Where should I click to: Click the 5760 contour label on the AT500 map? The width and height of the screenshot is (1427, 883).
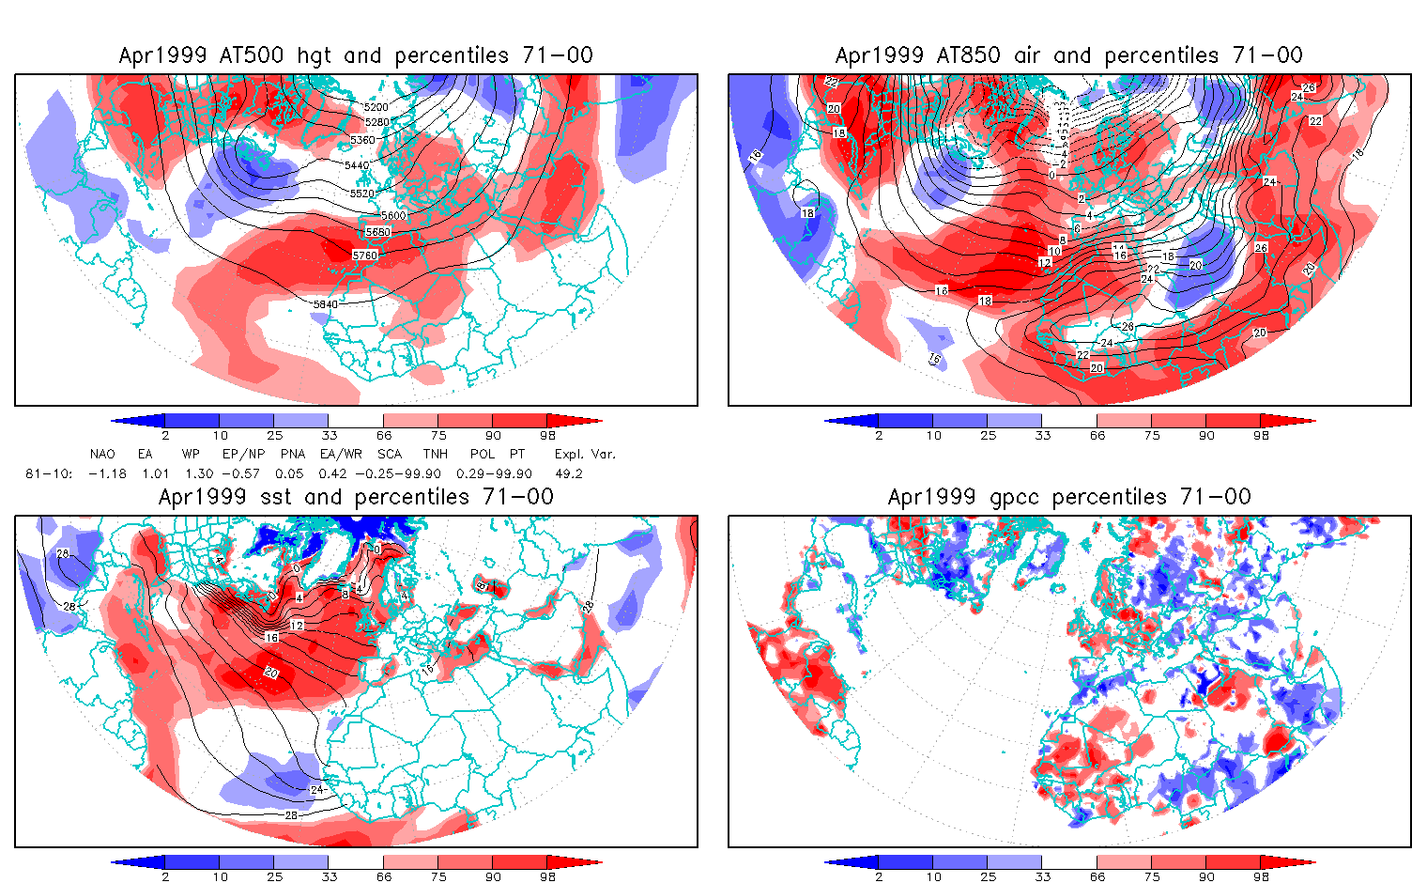(364, 256)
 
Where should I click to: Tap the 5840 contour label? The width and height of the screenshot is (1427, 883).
(325, 304)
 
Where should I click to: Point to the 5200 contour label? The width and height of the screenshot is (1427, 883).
(376, 108)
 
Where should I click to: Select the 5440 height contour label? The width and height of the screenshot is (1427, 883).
(357, 165)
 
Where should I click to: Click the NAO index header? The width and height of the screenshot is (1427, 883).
(102, 454)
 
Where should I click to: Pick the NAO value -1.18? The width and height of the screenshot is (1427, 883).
(107, 473)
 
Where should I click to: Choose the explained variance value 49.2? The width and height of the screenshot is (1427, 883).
(569, 473)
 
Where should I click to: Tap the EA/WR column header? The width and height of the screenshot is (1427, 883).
(341, 454)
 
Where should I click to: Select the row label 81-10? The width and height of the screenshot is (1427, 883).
(48, 473)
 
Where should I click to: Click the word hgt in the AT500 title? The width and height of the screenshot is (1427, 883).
(314, 55)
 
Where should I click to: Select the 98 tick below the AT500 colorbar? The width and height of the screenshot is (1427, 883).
(548, 435)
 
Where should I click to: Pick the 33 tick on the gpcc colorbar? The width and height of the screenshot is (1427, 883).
(1042, 876)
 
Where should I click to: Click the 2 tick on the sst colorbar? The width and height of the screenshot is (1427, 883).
(165, 876)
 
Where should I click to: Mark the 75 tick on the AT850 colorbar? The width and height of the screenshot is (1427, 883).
(1152, 435)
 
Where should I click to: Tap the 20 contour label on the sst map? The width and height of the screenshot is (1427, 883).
(271, 673)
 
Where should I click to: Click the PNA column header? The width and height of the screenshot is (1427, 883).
(292, 454)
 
